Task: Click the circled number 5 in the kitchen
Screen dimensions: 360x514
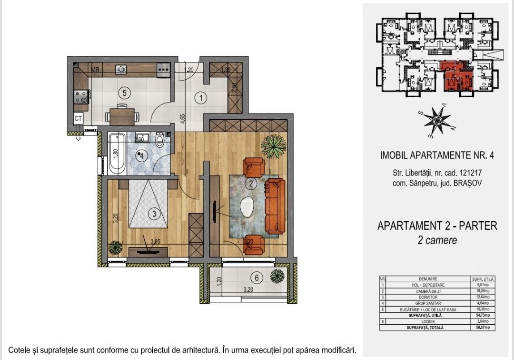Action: point(124,93)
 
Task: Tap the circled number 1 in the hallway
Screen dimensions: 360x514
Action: point(201,99)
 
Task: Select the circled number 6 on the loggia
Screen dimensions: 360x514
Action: point(256,278)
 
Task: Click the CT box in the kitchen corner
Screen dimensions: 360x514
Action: point(78,118)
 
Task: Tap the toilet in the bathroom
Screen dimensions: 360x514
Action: point(160,140)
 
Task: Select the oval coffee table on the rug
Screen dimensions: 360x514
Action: point(247,208)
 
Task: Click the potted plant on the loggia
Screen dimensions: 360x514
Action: point(276,275)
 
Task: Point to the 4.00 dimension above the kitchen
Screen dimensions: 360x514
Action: point(122,69)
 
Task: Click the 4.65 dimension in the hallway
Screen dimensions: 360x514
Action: point(183,118)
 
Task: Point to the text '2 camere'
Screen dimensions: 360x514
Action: point(437,241)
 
